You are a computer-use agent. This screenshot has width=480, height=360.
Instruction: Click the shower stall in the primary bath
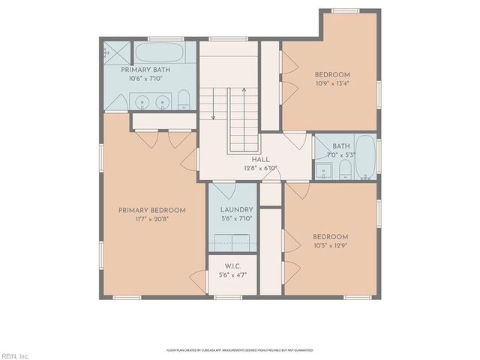(117, 53)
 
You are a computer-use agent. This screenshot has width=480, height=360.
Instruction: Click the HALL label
(260, 160)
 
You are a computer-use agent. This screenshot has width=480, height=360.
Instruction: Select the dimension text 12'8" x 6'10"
(260, 168)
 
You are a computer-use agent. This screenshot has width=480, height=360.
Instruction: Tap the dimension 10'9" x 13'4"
(331, 83)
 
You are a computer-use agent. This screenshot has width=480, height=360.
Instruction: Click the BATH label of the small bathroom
(341, 146)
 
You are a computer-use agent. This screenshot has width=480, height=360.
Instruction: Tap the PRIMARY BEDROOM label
(151, 210)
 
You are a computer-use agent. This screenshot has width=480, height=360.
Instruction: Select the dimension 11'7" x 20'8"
(151, 219)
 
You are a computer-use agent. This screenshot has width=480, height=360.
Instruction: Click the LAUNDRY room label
(236, 210)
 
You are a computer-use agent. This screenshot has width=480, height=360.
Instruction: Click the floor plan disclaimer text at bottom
(240, 349)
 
